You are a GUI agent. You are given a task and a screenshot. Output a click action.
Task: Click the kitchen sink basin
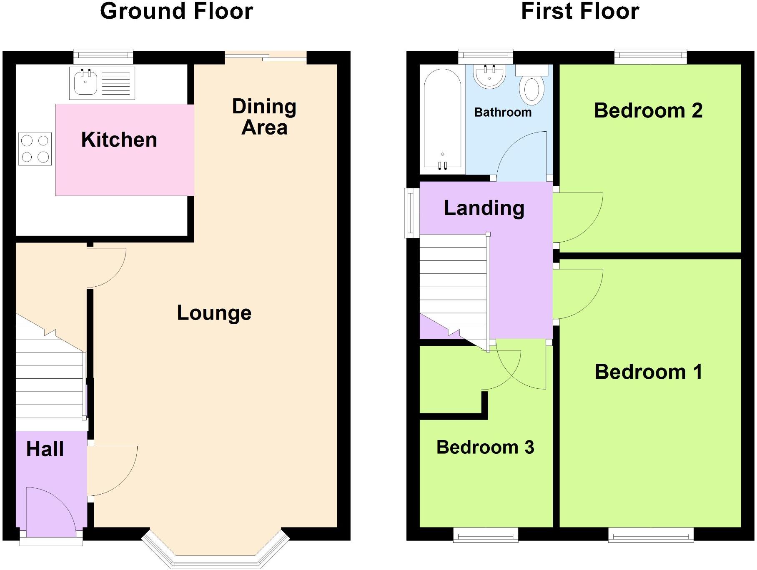click(85, 82)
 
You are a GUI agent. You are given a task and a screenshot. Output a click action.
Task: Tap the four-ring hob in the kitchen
click(35, 149)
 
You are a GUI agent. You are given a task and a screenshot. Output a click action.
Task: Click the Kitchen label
click(119, 140)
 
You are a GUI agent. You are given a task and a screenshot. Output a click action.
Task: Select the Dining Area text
click(264, 117)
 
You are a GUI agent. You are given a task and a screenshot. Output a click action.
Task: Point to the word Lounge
click(214, 313)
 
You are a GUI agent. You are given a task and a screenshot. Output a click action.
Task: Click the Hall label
click(45, 449)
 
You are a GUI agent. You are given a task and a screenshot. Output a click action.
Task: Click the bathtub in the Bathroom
click(442, 121)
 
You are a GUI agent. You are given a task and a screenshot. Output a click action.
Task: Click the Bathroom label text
click(503, 112)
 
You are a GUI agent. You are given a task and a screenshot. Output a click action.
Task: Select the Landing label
click(484, 208)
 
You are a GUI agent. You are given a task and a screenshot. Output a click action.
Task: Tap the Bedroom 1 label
click(648, 372)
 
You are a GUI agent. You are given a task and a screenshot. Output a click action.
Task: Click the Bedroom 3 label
click(485, 447)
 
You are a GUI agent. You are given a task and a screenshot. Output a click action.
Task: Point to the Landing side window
click(412, 212)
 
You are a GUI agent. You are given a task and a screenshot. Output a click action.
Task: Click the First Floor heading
click(580, 11)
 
